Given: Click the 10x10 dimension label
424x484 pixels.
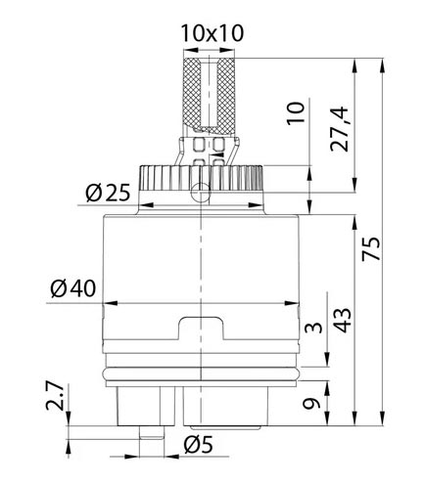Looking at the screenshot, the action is coord(212,33).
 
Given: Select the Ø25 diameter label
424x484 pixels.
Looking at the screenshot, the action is coord(108,193).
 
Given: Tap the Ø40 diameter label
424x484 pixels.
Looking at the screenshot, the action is coord(73,288).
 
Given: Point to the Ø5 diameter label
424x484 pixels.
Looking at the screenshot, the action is coord(198,444).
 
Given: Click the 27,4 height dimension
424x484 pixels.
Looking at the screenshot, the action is coord(340,129).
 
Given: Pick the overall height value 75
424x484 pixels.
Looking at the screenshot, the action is coord(371,248).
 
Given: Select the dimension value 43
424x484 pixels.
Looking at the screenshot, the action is coord(343,320).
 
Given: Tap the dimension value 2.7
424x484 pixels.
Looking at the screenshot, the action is coord(55,396).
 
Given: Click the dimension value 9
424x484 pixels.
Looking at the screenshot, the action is coord(311,404).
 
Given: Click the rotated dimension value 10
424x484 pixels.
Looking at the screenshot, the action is coord(296,113).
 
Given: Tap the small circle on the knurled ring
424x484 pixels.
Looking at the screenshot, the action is coord(200,193).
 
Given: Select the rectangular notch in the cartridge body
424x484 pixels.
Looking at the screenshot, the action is coord(201,329).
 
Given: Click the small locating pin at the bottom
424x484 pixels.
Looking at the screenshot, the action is coord(151,432).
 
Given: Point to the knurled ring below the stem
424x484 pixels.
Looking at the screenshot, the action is coord(201,178).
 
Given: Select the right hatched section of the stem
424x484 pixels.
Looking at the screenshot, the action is coord(225,96).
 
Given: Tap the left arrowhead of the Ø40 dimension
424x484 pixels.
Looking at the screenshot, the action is coord(110,303).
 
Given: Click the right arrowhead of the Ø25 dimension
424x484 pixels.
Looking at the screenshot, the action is coord(257,205).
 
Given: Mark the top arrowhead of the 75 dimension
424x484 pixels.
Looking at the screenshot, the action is coord(383,66).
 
